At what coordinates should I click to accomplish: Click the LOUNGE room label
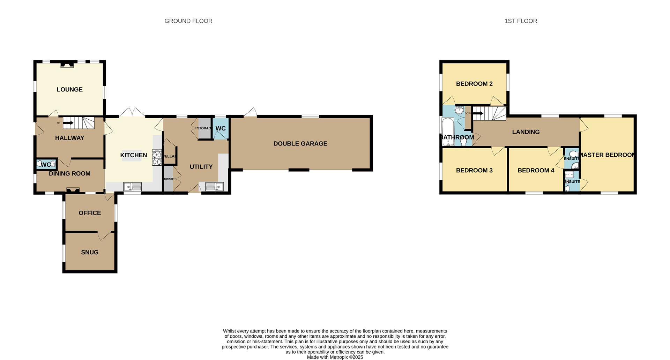[x=69, y=89]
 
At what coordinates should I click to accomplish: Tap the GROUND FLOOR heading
[x=188, y=21]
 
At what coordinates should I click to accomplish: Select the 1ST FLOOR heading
[x=521, y=21]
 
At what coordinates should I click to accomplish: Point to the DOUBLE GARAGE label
[x=300, y=143]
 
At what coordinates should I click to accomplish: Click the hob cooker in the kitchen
[x=157, y=157]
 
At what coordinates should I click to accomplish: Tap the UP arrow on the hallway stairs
[x=68, y=123]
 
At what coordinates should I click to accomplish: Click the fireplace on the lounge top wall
[x=67, y=64]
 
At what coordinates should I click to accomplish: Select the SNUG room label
[x=90, y=252]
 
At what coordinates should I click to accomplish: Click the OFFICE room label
[x=90, y=213]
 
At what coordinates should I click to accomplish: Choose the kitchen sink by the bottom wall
[x=133, y=187]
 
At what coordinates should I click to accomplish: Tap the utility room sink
[x=214, y=187]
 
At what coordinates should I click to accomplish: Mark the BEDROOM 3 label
[x=474, y=170]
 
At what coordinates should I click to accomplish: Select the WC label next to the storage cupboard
[x=221, y=128]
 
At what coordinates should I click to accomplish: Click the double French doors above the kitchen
[x=132, y=112]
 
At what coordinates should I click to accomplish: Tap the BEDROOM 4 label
[x=536, y=170]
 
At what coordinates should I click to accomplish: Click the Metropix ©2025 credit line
[x=335, y=357]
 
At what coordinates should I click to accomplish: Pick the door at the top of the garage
[x=251, y=112]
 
